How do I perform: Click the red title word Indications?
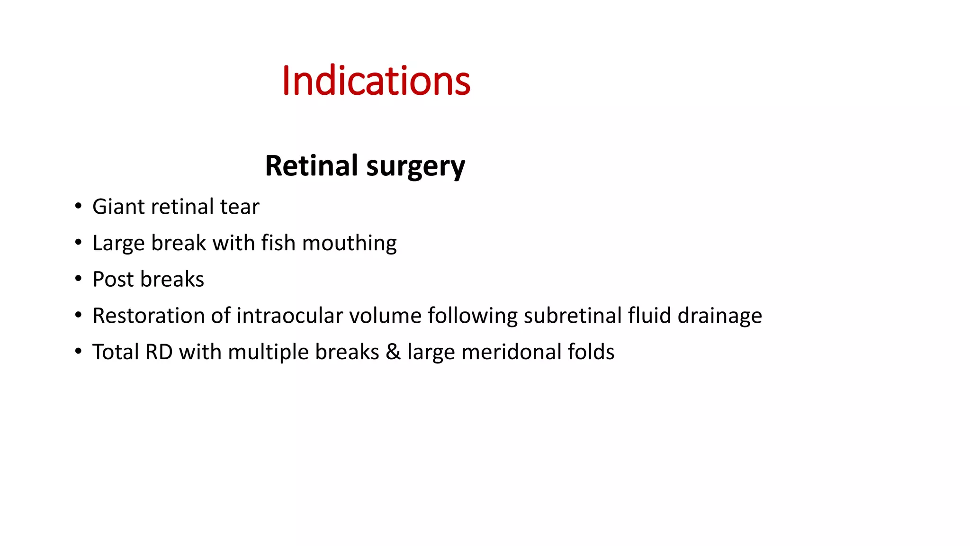(376, 81)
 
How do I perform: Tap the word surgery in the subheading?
(415, 167)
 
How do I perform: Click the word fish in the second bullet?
(278, 243)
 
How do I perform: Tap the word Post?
(113, 280)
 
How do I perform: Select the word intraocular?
(289, 316)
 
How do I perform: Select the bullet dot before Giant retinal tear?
(78, 206)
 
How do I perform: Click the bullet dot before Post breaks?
(78, 279)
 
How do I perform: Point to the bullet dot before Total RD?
(78, 352)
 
